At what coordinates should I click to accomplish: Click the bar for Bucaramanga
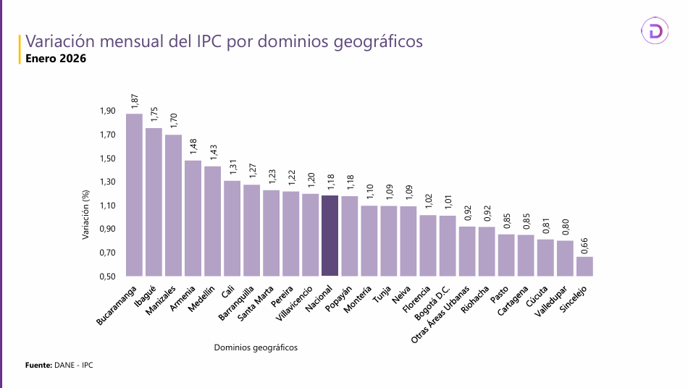click(134, 195)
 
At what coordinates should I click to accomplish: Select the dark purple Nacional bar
click(330, 235)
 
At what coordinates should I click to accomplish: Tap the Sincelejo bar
click(584, 266)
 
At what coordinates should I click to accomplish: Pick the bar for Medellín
click(212, 221)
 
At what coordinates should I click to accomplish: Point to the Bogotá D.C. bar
click(448, 245)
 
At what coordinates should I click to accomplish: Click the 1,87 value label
click(135, 101)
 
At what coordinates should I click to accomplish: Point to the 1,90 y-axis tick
click(107, 111)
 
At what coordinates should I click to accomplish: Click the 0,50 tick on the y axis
click(107, 277)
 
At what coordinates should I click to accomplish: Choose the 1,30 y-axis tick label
click(107, 182)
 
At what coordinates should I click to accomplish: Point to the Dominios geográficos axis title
click(256, 347)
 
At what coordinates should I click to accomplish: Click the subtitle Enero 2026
click(56, 59)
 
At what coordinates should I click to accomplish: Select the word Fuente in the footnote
click(38, 366)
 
